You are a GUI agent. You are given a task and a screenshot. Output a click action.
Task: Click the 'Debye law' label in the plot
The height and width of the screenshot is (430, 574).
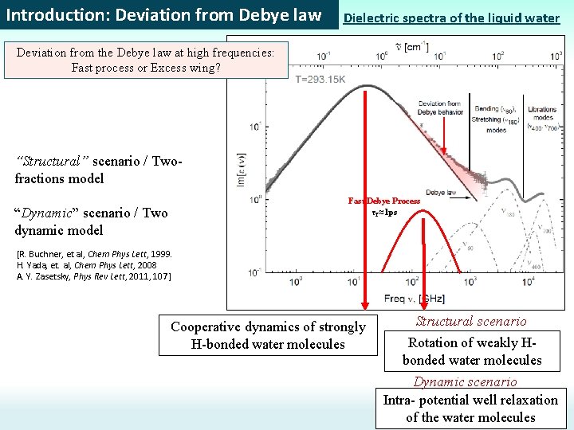(x=440, y=192)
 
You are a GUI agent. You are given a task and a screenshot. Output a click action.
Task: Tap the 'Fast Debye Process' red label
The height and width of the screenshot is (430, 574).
(x=383, y=201)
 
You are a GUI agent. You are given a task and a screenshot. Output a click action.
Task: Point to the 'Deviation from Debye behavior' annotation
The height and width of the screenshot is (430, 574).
(x=440, y=107)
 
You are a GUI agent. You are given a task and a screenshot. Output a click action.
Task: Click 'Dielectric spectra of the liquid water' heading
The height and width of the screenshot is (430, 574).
(x=451, y=18)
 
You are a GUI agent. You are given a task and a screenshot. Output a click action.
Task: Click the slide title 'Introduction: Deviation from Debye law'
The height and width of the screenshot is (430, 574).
(x=163, y=15)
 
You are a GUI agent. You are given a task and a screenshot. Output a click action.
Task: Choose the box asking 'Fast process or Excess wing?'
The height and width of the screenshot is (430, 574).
(x=146, y=60)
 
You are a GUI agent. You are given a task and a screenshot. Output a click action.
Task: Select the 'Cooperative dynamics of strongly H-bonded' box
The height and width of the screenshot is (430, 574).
(x=268, y=335)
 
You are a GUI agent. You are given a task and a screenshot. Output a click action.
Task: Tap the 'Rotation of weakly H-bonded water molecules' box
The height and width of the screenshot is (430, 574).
(x=471, y=351)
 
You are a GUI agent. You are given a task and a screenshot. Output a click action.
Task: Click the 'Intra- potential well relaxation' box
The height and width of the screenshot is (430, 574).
(x=470, y=408)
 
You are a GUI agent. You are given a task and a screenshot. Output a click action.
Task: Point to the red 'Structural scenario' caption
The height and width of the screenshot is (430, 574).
(x=470, y=322)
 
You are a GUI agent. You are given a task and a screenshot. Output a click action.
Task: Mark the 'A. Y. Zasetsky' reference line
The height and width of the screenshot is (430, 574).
(x=93, y=276)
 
